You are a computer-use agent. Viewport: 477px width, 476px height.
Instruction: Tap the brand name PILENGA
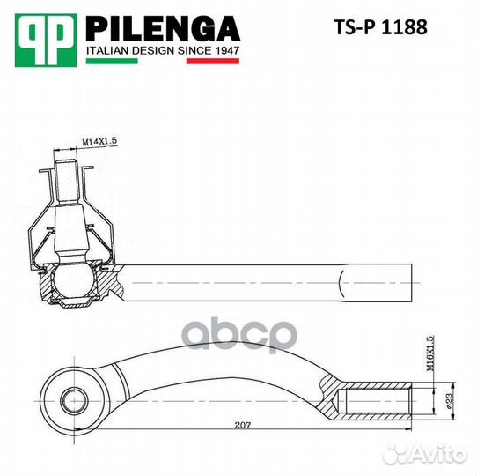[x=162, y=29]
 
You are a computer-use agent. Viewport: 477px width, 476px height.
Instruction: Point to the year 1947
[x=224, y=51]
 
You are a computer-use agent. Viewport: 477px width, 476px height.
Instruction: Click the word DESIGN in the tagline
[x=153, y=51]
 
